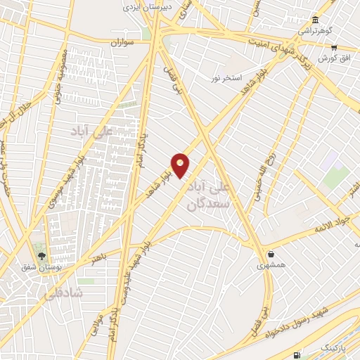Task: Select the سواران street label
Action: tap(120, 42)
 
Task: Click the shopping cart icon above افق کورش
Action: tap(335, 47)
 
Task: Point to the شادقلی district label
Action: tap(62, 292)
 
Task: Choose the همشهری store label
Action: tap(271, 266)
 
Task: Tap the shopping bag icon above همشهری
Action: tap(271, 254)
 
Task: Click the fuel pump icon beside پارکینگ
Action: tap(298, 355)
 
